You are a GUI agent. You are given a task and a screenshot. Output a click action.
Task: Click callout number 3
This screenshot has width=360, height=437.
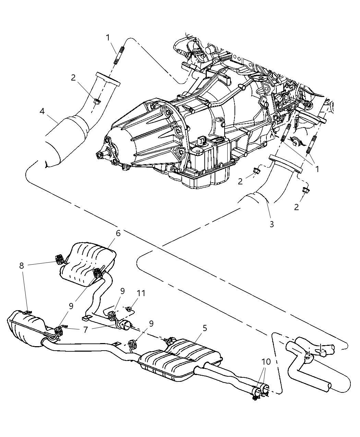[272, 224]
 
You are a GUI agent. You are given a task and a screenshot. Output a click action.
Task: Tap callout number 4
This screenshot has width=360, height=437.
[42, 111]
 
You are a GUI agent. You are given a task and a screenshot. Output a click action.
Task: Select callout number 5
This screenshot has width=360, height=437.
[205, 328]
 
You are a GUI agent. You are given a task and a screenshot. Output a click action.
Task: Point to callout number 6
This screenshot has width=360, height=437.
[118, 233]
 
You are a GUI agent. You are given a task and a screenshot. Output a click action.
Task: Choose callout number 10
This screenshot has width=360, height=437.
[266, 361]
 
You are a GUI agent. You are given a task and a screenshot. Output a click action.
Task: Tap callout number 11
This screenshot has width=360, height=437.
[141, 293]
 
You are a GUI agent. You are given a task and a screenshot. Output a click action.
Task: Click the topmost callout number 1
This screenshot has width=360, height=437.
[108, 37]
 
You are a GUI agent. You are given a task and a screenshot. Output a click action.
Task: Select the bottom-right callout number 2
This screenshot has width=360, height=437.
[296, 207]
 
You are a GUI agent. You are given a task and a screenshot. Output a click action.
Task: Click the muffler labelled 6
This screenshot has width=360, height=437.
[89, 262]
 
